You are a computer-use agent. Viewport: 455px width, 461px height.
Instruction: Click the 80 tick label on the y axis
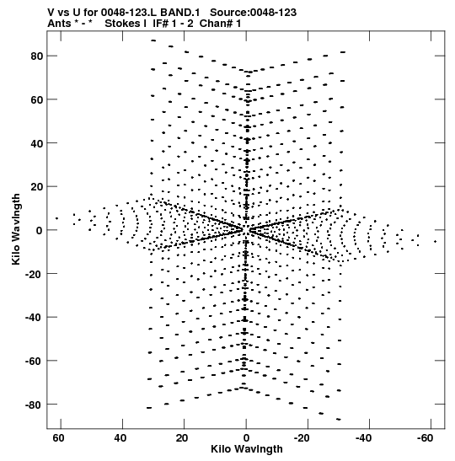(37, 56)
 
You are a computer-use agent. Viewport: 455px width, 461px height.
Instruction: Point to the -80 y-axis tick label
(35, 405)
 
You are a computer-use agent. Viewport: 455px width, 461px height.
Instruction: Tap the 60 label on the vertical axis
(37, 99)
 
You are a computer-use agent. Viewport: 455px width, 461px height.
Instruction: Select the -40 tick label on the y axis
(35, 318)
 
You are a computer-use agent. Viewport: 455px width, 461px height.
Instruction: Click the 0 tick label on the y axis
(40, 231)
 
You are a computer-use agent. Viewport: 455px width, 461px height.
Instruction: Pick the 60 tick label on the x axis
(58, 438)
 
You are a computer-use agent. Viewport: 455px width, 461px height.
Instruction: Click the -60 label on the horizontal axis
(425, 438)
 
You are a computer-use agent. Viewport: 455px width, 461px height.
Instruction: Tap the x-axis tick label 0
(246, 438)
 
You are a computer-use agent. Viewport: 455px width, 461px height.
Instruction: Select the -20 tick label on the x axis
(302, 438)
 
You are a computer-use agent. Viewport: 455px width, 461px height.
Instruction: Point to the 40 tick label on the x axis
(120, 438)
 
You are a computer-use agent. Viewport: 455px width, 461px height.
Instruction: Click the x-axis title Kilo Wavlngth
(247, 449)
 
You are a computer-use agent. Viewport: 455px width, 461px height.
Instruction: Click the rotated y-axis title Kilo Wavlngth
(16, 229)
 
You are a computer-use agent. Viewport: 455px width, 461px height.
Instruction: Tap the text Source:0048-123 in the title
(253, 13)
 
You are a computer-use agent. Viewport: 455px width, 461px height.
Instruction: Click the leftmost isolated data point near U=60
(56, 218)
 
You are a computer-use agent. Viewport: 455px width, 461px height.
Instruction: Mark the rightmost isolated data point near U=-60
(435, 242)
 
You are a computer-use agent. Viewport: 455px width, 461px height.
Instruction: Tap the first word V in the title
(51, 13)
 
